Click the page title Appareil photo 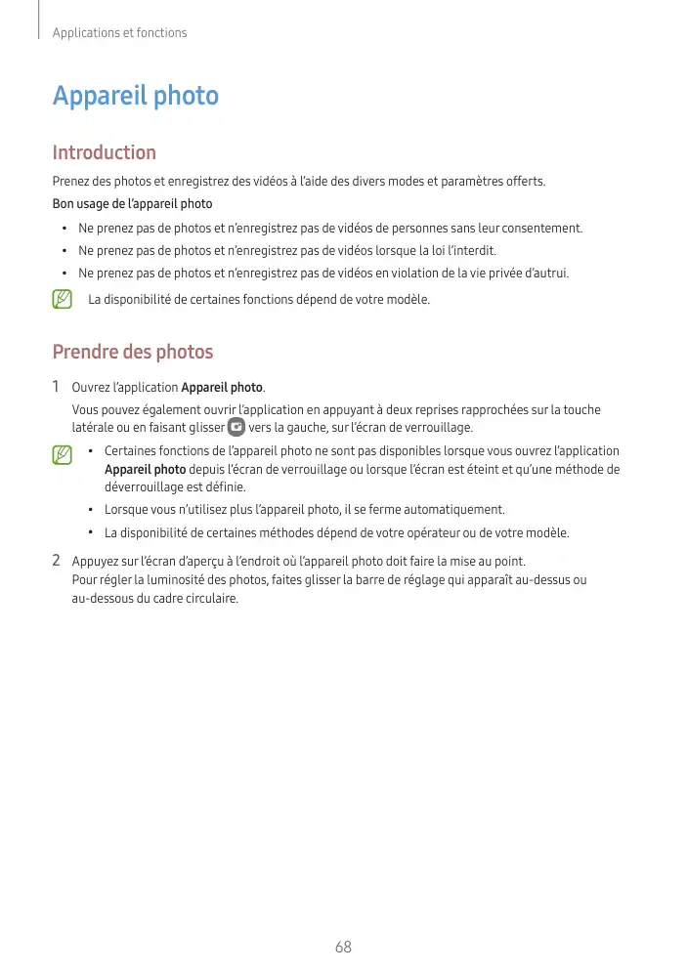[x=135, y=97]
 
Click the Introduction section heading [x=104, y=152]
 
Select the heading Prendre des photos [x=132, y=352]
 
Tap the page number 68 [x=343, y=948]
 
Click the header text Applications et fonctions [x=119, y=33]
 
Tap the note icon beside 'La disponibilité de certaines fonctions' [x=63, y=299]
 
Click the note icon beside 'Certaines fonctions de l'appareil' [x=63, y=454]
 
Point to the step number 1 [x=57, y=388]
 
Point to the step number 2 [x=57, y=561]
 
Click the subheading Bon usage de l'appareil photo [x=132, y=204]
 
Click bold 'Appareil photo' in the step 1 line [x=222, y=389]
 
